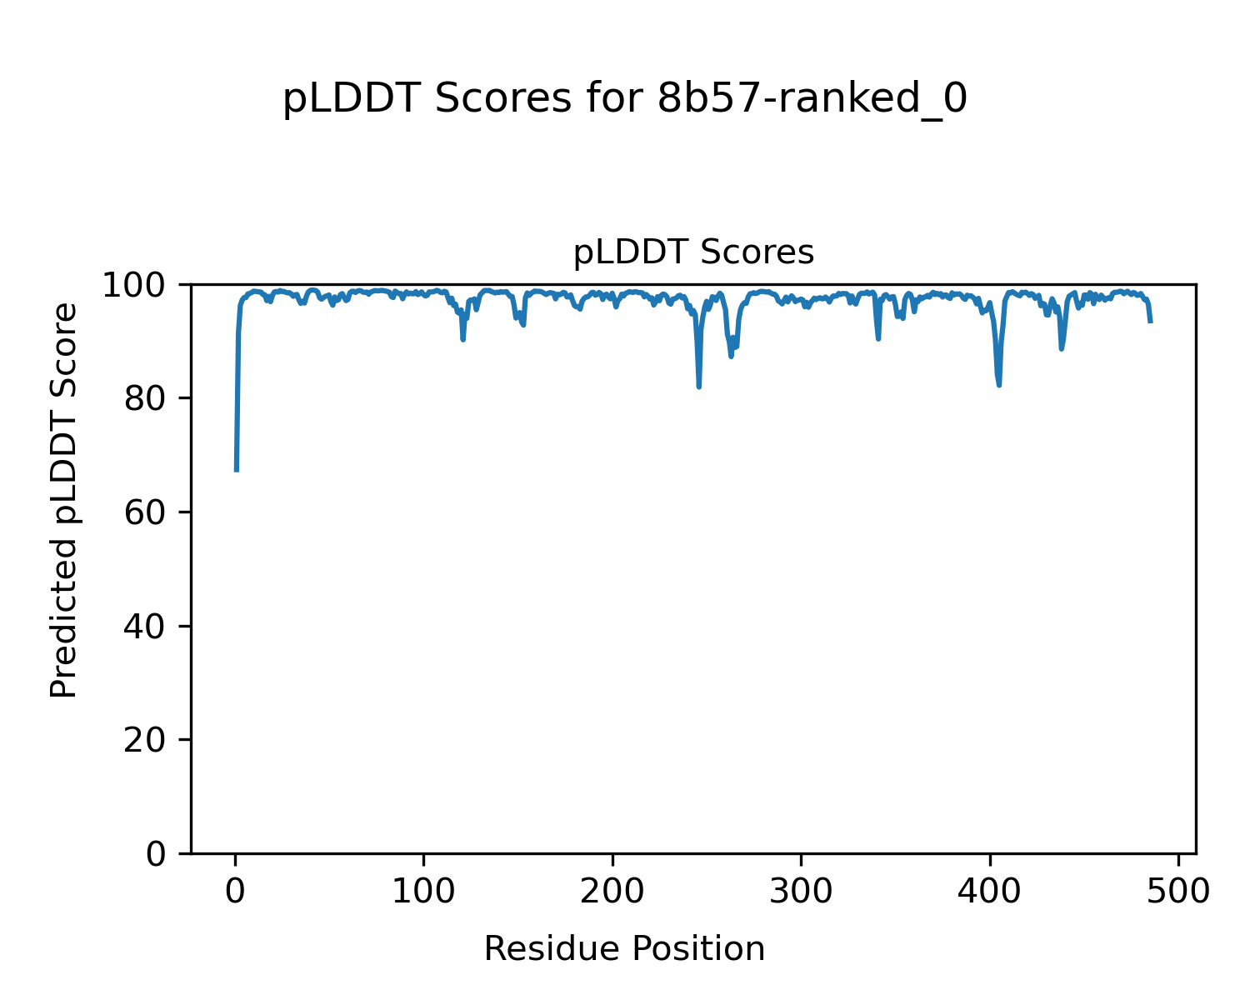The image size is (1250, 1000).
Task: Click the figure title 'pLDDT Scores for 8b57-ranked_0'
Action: point(625,99)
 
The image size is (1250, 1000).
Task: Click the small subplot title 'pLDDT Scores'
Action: point(693,252)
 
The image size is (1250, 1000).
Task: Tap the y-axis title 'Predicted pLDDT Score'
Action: point(64,500)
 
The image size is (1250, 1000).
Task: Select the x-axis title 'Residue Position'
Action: point(624,949)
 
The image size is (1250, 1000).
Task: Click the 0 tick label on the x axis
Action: point(236,891)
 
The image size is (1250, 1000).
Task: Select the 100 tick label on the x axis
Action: point(424,891)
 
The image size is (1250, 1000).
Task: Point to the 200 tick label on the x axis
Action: point(612,891)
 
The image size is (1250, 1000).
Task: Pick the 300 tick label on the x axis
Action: point(801,891)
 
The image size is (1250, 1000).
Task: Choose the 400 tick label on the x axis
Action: point(990,891)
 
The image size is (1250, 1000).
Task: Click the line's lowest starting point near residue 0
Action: point(237,471)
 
